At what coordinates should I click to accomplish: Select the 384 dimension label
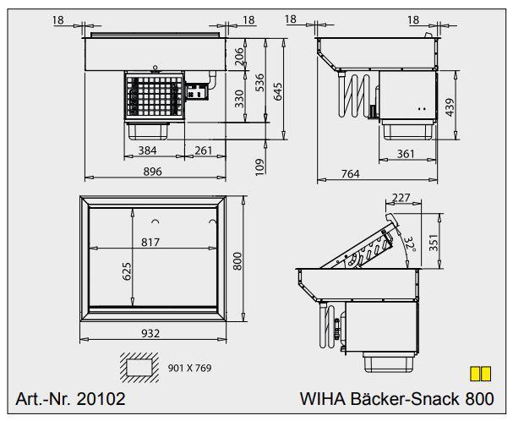pos(148,150)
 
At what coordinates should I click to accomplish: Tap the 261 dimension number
pos(202,150)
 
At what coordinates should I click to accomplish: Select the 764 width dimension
pos(349,174)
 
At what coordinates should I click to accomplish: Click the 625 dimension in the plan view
pos(127,271)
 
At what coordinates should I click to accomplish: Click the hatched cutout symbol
pos(142,366)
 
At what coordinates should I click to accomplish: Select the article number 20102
pos(71,399)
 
